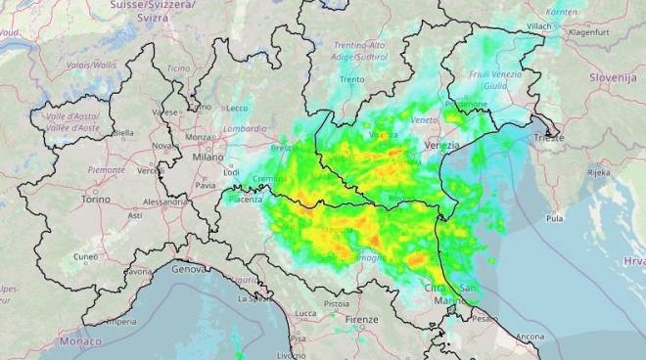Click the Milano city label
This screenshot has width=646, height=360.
pos(208,157)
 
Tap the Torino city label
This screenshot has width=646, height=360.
pos(95,199)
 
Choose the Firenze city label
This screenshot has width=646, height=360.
pos(361,320)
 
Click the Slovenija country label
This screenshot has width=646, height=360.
pos(612,76)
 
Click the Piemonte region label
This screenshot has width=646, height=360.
pos(107,169)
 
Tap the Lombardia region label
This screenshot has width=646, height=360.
pos(245,128)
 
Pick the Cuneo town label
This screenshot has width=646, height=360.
pos(86,256)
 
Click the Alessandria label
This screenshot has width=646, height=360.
pos(164,202)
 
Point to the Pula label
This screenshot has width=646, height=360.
pos(555,218)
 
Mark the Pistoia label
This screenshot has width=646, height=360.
pos(336,304)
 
